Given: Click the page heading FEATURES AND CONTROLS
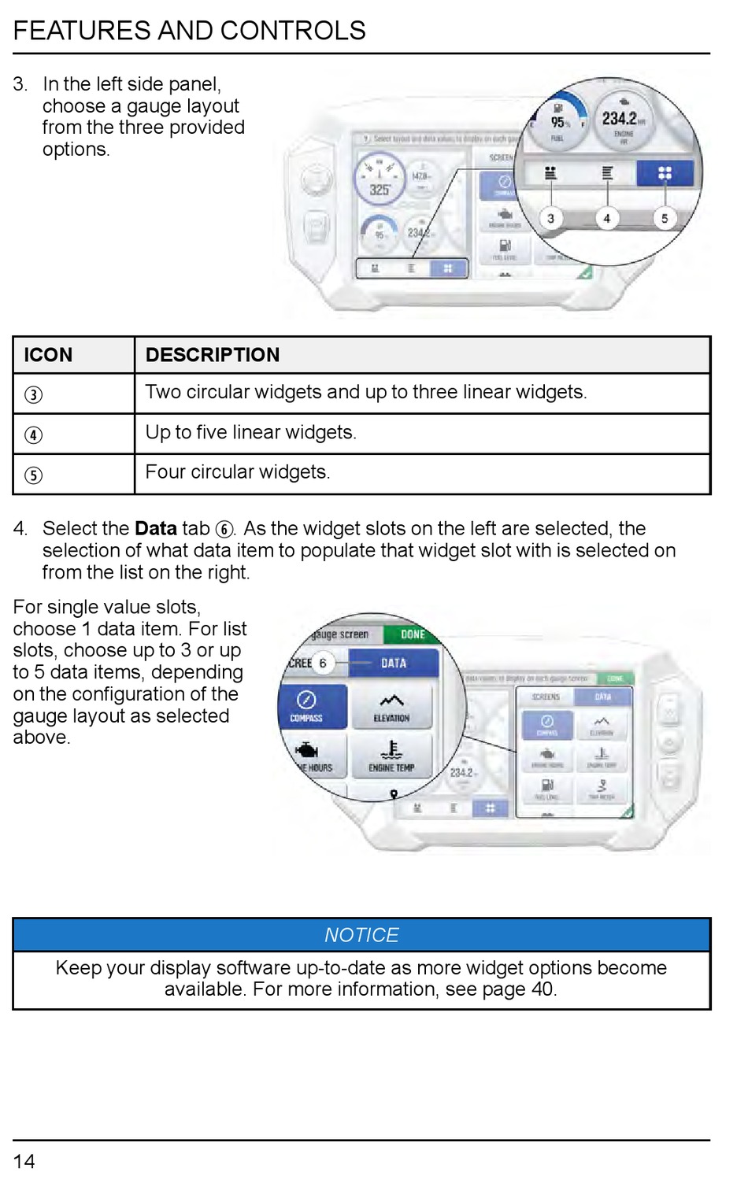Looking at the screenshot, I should [189, 31].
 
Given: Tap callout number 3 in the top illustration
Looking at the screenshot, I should [550, 218].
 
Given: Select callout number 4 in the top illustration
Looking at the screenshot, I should [606, 218].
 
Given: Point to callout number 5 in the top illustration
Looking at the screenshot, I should [665, 218].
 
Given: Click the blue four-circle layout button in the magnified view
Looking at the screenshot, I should [665, 173].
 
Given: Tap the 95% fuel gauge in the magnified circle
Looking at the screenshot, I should [558, 123].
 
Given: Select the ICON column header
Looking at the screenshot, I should [49, 355].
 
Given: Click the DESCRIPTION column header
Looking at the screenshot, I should [213, 355].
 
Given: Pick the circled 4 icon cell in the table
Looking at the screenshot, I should [34, 434].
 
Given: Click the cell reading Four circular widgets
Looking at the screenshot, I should [238, 472].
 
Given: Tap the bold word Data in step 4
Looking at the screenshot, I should [156, 528].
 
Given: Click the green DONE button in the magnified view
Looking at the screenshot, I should [411, 634].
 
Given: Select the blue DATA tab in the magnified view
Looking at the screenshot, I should [394, 663].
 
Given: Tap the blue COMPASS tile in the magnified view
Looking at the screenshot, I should [307, 706].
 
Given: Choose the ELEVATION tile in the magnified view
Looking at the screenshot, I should [391, 706].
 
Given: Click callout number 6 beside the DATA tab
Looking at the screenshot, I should [322, 663].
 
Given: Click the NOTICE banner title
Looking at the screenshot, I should [361, 935].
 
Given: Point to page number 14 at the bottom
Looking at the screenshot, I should [24, 1161].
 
